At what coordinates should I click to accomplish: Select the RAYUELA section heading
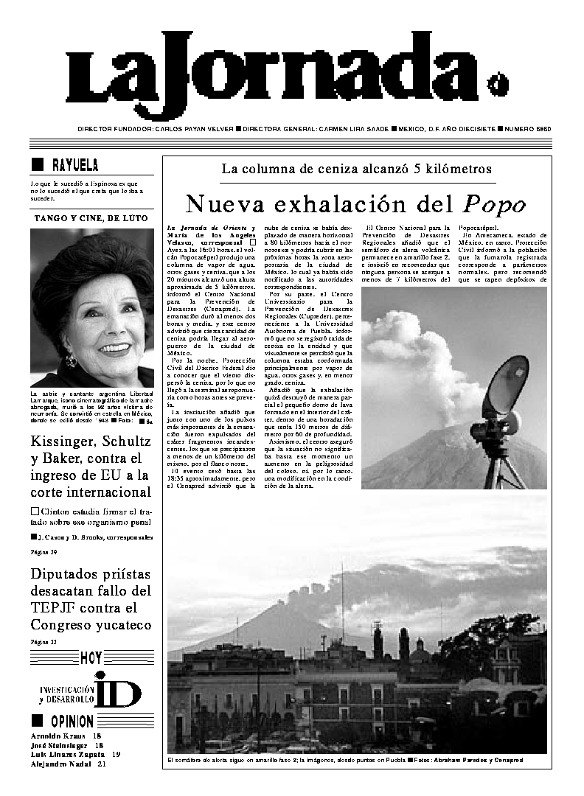point(74,165)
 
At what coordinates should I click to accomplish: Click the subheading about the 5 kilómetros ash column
point(356,169)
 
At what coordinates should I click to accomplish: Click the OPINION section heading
point(72,721)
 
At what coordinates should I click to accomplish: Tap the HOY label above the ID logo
point(91,657)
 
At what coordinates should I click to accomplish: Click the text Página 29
point(44,551)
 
